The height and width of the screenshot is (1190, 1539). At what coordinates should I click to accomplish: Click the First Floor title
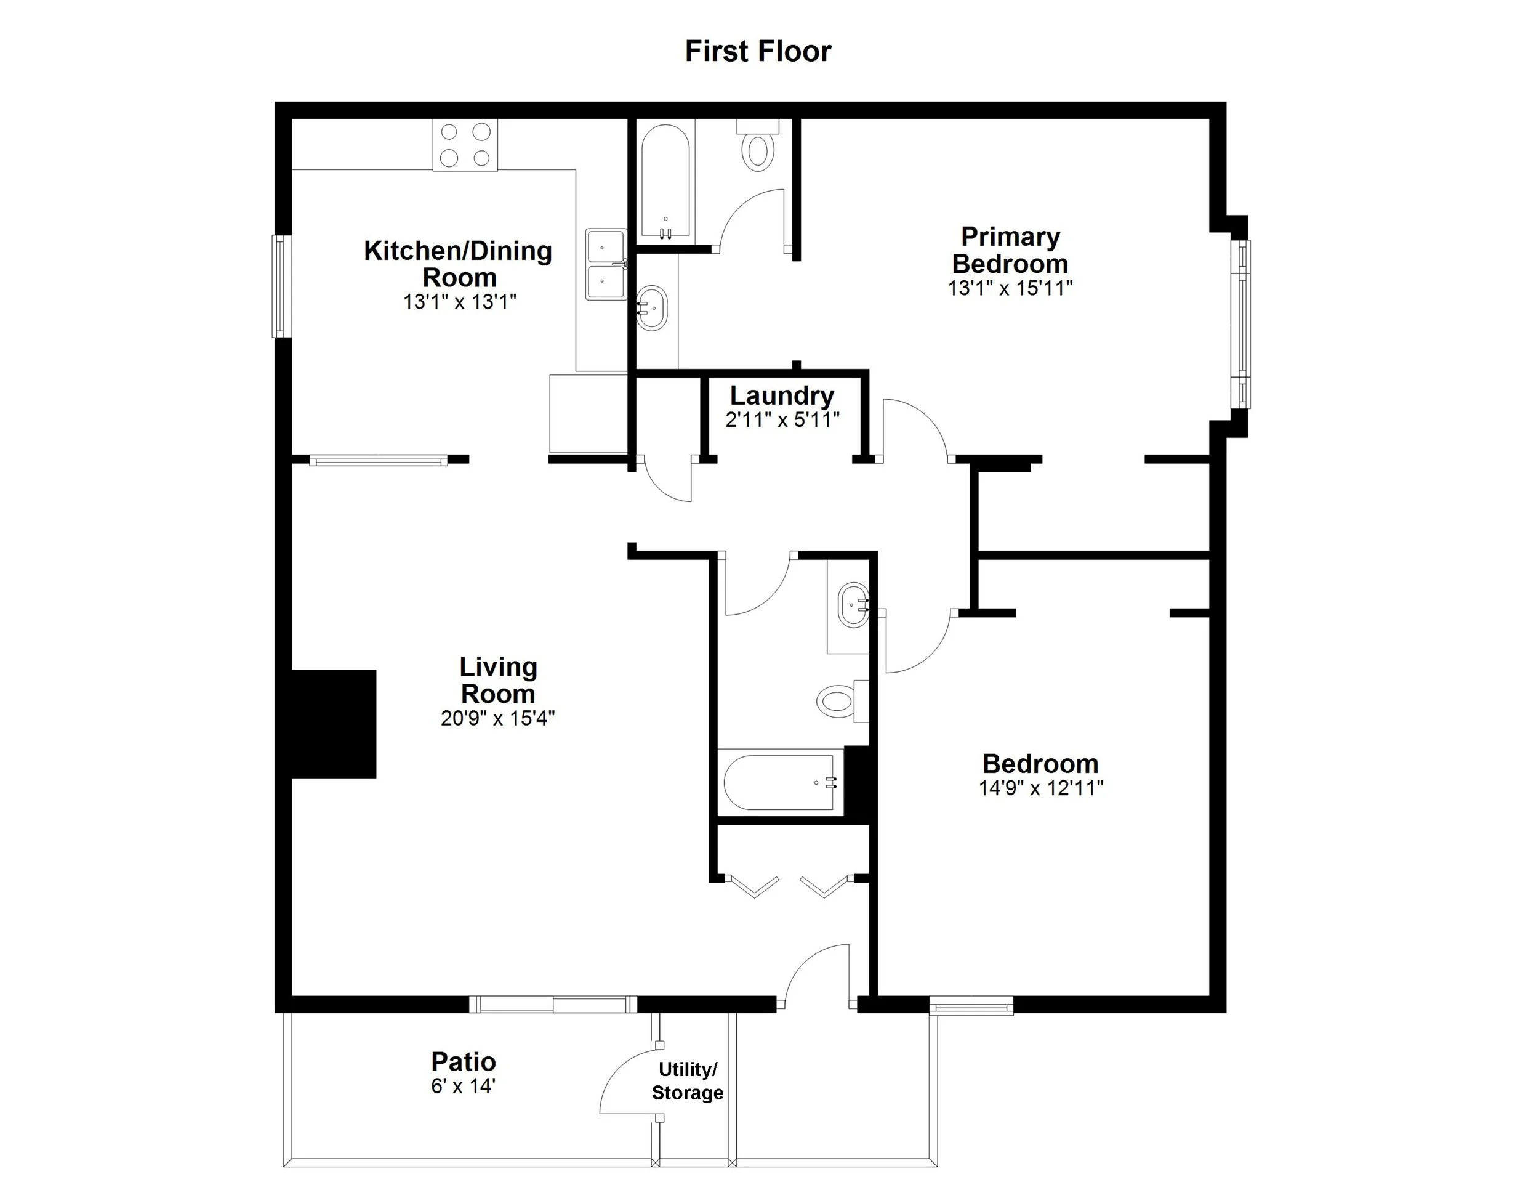click(758, 52)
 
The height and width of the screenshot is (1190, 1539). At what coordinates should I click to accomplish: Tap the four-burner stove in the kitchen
click(465, 145)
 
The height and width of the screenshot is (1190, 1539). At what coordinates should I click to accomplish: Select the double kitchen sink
click(605, 264)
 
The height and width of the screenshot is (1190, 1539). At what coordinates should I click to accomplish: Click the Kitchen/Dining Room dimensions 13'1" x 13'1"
click(459, 302)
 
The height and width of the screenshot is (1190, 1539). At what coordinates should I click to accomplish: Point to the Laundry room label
click(781, 395)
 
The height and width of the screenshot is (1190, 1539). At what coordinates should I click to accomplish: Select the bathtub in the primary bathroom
click(665, 181)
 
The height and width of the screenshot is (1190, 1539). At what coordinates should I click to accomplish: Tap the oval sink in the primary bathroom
click(652, 308)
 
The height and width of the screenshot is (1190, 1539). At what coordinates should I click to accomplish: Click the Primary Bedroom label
click(1010, 250)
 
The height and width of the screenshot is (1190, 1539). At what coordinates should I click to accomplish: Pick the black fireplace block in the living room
click(333, 724)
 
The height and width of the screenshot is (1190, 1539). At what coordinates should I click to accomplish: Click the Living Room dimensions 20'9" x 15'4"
click(497, 718)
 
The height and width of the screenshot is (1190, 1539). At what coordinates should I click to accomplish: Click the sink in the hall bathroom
click(853, 605)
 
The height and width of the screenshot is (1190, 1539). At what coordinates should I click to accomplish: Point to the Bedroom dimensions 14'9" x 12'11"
click(1040, 788)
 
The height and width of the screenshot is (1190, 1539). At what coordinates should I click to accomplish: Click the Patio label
click(463, 1062)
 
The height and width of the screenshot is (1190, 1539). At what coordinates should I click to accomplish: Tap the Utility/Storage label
click(687, 1082)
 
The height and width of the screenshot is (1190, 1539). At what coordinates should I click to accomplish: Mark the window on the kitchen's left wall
click(282, 286)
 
